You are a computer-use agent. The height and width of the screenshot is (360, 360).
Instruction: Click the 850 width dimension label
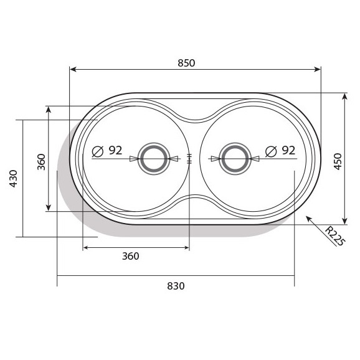(x=186, y=62)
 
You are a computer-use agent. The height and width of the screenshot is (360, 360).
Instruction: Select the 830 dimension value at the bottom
(x=176, y=286)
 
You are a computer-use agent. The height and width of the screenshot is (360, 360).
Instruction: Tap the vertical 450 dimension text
(x=338, y=161)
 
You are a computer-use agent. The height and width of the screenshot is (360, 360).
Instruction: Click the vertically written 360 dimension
(x=41, y=161)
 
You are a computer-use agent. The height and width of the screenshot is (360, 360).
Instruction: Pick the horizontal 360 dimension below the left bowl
(x=130, y=256)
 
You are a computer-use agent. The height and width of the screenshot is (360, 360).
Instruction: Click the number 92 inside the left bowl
(x=115, y=150)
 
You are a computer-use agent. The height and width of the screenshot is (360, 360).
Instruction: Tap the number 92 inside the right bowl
(x=288, y=150)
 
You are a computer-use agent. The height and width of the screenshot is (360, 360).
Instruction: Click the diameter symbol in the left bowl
(x=97, y=151)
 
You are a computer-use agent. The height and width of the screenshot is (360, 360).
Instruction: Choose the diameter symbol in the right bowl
(x=270, y=151)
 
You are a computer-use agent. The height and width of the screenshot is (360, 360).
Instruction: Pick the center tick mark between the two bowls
(x=189, y=158)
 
